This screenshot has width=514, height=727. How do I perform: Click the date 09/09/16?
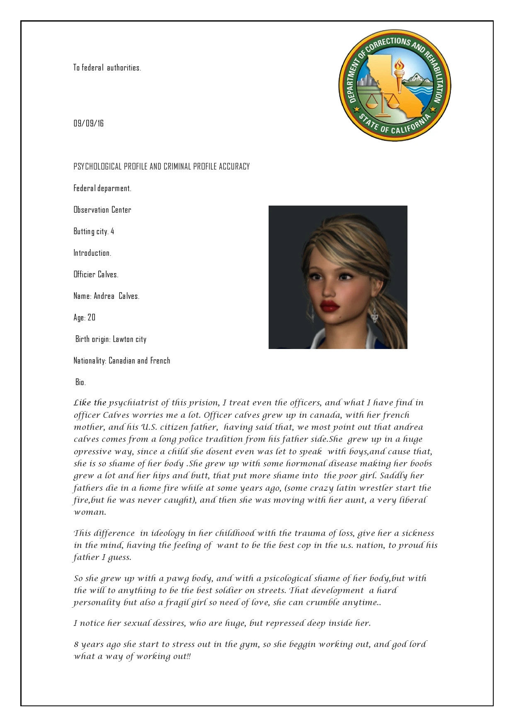click(89, 124)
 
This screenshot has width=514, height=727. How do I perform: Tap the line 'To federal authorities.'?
click(107, 68)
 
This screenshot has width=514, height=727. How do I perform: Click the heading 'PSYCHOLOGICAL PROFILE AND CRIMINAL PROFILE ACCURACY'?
click(162, 167)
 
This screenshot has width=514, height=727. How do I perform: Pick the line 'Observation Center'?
click(102, 210)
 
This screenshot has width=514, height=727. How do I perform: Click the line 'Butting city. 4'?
click(94, 231)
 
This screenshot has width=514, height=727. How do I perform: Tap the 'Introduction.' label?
click(92, 253)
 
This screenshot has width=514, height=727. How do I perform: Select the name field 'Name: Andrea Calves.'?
click(107, 296)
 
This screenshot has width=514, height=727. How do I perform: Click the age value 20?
click(92, 317)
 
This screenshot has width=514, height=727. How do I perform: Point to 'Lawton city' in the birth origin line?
click(130, 339)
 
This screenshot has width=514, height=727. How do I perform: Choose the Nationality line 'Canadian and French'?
click(139, 361)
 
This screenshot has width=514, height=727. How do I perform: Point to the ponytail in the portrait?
click(392, 315)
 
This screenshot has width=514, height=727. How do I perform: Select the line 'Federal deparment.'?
click(102, 188)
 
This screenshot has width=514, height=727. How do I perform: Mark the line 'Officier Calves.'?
click(96, 274)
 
